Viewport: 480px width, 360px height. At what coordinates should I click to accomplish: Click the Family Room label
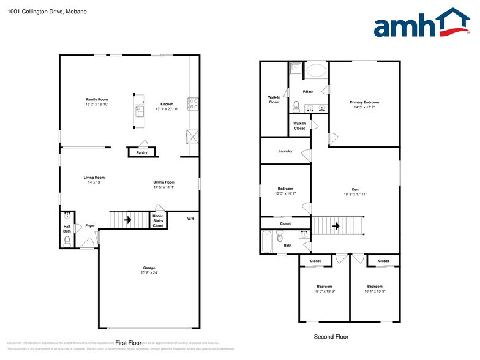[97, 99]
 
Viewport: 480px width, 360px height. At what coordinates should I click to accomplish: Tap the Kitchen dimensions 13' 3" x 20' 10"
[167, 109]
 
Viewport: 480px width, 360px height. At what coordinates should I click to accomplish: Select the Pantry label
[141, 152]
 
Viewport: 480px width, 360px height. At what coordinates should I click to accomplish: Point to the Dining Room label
[164, 182]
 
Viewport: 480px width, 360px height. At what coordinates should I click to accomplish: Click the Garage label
[149, 268]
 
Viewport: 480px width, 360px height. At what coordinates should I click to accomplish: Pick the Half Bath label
[67, 228]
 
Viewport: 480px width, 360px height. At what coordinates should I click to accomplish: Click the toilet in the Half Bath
[67, 241]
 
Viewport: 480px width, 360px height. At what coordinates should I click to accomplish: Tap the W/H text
[190, 219]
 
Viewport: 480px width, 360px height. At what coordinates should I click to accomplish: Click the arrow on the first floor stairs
[128, 219]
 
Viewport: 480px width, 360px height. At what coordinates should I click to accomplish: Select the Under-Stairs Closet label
[158, 220]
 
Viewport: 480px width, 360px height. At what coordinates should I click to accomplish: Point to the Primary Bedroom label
[364, 102]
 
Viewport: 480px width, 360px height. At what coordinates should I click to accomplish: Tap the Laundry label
[285, 151]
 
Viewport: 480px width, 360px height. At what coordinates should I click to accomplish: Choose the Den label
[355, 189]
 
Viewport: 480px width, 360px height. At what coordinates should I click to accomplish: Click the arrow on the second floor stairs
[336, 226]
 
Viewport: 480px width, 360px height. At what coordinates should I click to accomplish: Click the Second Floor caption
[331, 336]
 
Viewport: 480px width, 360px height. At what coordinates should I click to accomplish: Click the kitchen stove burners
[193, 103]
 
